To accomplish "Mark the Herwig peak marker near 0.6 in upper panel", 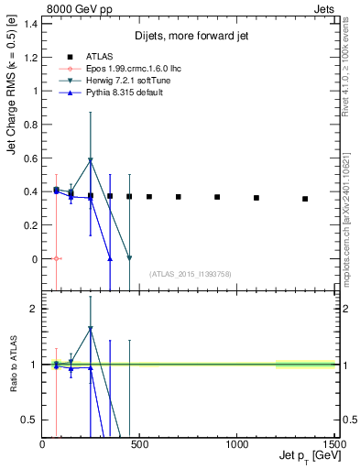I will [x=91, y=160].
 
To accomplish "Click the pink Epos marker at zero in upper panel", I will [x=57, y=258].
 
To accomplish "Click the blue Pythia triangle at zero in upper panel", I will [x=110, y=258].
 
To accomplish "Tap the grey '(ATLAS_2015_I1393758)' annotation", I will [x=191, y=273].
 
